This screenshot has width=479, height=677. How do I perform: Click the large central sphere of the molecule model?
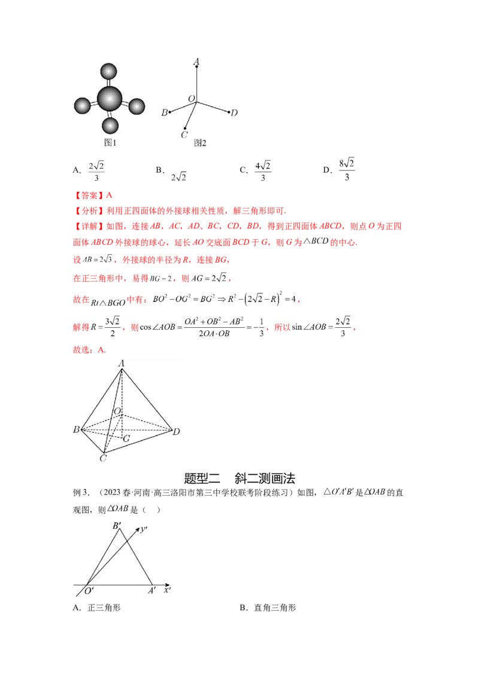[110, 98]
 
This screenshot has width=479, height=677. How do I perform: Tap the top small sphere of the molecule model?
[108, 71]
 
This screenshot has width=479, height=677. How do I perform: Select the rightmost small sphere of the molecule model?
[137, 107]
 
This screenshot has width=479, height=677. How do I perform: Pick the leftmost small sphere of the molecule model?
[82, 106]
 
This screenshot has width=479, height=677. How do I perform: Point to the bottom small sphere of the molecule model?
[110, 126]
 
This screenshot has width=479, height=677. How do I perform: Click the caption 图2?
[199, 143]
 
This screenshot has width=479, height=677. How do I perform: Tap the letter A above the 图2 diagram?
[196, 62]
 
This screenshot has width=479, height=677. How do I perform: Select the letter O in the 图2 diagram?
[191, 98]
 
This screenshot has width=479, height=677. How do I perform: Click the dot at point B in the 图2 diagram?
[171, 112]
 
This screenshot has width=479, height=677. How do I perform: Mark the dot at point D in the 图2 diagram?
[229, 112]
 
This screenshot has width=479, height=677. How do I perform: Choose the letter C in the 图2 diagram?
[184, 135]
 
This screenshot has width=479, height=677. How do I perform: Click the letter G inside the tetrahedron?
[126, 438]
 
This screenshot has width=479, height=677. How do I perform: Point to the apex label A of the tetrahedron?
[122, 363]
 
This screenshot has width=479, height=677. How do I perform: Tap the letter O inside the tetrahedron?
[117, 411]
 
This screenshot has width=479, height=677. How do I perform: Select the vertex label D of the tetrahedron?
[177, 431]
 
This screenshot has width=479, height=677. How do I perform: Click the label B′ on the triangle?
[117, 526]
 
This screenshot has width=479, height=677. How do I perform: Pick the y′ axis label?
[144, 529]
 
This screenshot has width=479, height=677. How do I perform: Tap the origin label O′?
[89, 591]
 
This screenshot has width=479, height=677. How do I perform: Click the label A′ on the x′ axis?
[152, 590]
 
